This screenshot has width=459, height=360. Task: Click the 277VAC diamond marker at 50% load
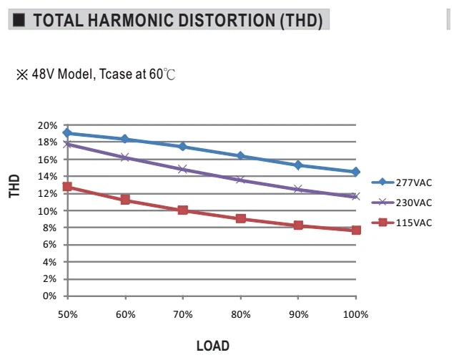click(x=67, y=133)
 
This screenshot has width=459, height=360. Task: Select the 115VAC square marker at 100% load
click(x=356, y=230)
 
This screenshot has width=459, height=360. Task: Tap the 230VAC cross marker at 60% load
click(x=125, y=157)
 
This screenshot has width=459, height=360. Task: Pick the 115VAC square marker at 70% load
click(x=182, y=210)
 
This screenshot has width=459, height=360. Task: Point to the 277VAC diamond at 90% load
click(x=298, y=165)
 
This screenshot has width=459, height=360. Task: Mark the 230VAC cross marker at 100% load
click(x=355, y=196)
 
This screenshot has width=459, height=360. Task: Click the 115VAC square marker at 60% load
click(x=125, y=200)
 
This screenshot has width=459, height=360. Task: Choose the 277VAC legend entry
click(x=402, y=183)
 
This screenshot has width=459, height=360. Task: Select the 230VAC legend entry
click(x=402, y=203)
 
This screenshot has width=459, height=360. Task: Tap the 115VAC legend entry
click(x=402, y=223)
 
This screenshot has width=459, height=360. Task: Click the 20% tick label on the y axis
click(x=47, y=125)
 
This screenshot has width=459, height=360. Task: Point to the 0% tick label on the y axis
click(x=49, y=296)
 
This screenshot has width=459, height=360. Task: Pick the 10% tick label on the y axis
click(x=47, y=211)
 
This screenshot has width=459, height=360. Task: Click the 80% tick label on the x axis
click(x=241, y=315)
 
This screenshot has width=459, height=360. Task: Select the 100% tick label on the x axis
click(x=355, y=315)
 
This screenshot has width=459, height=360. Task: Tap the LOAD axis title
click(x=213, y=346)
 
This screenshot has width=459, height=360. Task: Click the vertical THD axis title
click(x=14, y=186)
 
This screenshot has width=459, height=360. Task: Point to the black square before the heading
click(x=19, y=20)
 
